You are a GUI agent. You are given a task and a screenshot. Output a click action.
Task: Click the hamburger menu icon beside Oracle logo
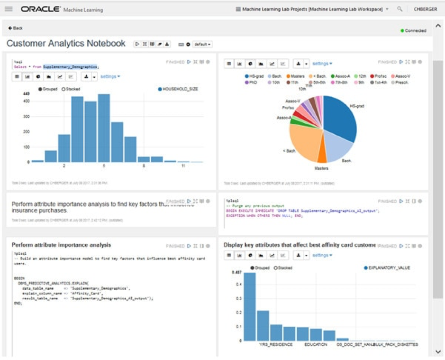tap(9, 9)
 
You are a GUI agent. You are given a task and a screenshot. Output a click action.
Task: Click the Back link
tap(16, 28)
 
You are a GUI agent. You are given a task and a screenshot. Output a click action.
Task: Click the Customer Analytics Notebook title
tap(66, 44)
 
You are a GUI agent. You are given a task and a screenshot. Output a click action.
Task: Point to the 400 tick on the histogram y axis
tap(26, 101)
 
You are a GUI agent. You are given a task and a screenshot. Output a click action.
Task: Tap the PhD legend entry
tap(251, 82)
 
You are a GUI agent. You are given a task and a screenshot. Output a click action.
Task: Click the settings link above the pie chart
tap(322, 64)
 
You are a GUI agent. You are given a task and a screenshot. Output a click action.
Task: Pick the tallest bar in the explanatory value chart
tap(249, 306)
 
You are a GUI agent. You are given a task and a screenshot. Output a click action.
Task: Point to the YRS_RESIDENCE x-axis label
tap(276, 344)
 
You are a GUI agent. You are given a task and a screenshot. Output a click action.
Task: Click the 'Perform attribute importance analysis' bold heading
tap(61, 245)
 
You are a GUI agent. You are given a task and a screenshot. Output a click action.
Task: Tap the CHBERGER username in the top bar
tap(425, 9)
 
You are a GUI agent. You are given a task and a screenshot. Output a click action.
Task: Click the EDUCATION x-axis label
tap(316, 344)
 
